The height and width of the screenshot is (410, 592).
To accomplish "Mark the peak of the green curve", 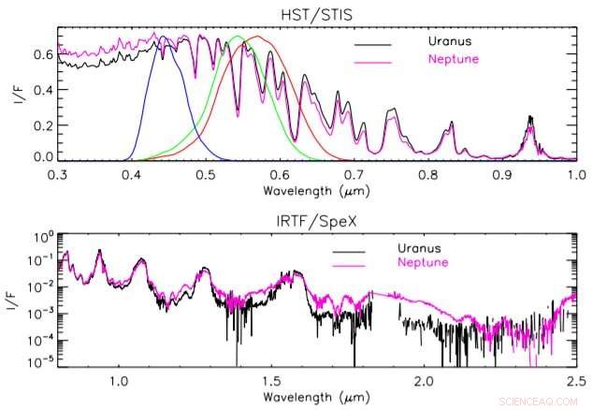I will pos(238,37).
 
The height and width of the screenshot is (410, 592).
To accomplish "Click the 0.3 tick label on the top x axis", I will pos(58,175).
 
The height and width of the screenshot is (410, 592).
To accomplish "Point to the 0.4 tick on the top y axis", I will pos(42,89).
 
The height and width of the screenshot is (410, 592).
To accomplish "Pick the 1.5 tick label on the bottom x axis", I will pos(271,382).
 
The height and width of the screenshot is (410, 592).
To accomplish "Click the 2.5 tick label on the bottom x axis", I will pos(576,382).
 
